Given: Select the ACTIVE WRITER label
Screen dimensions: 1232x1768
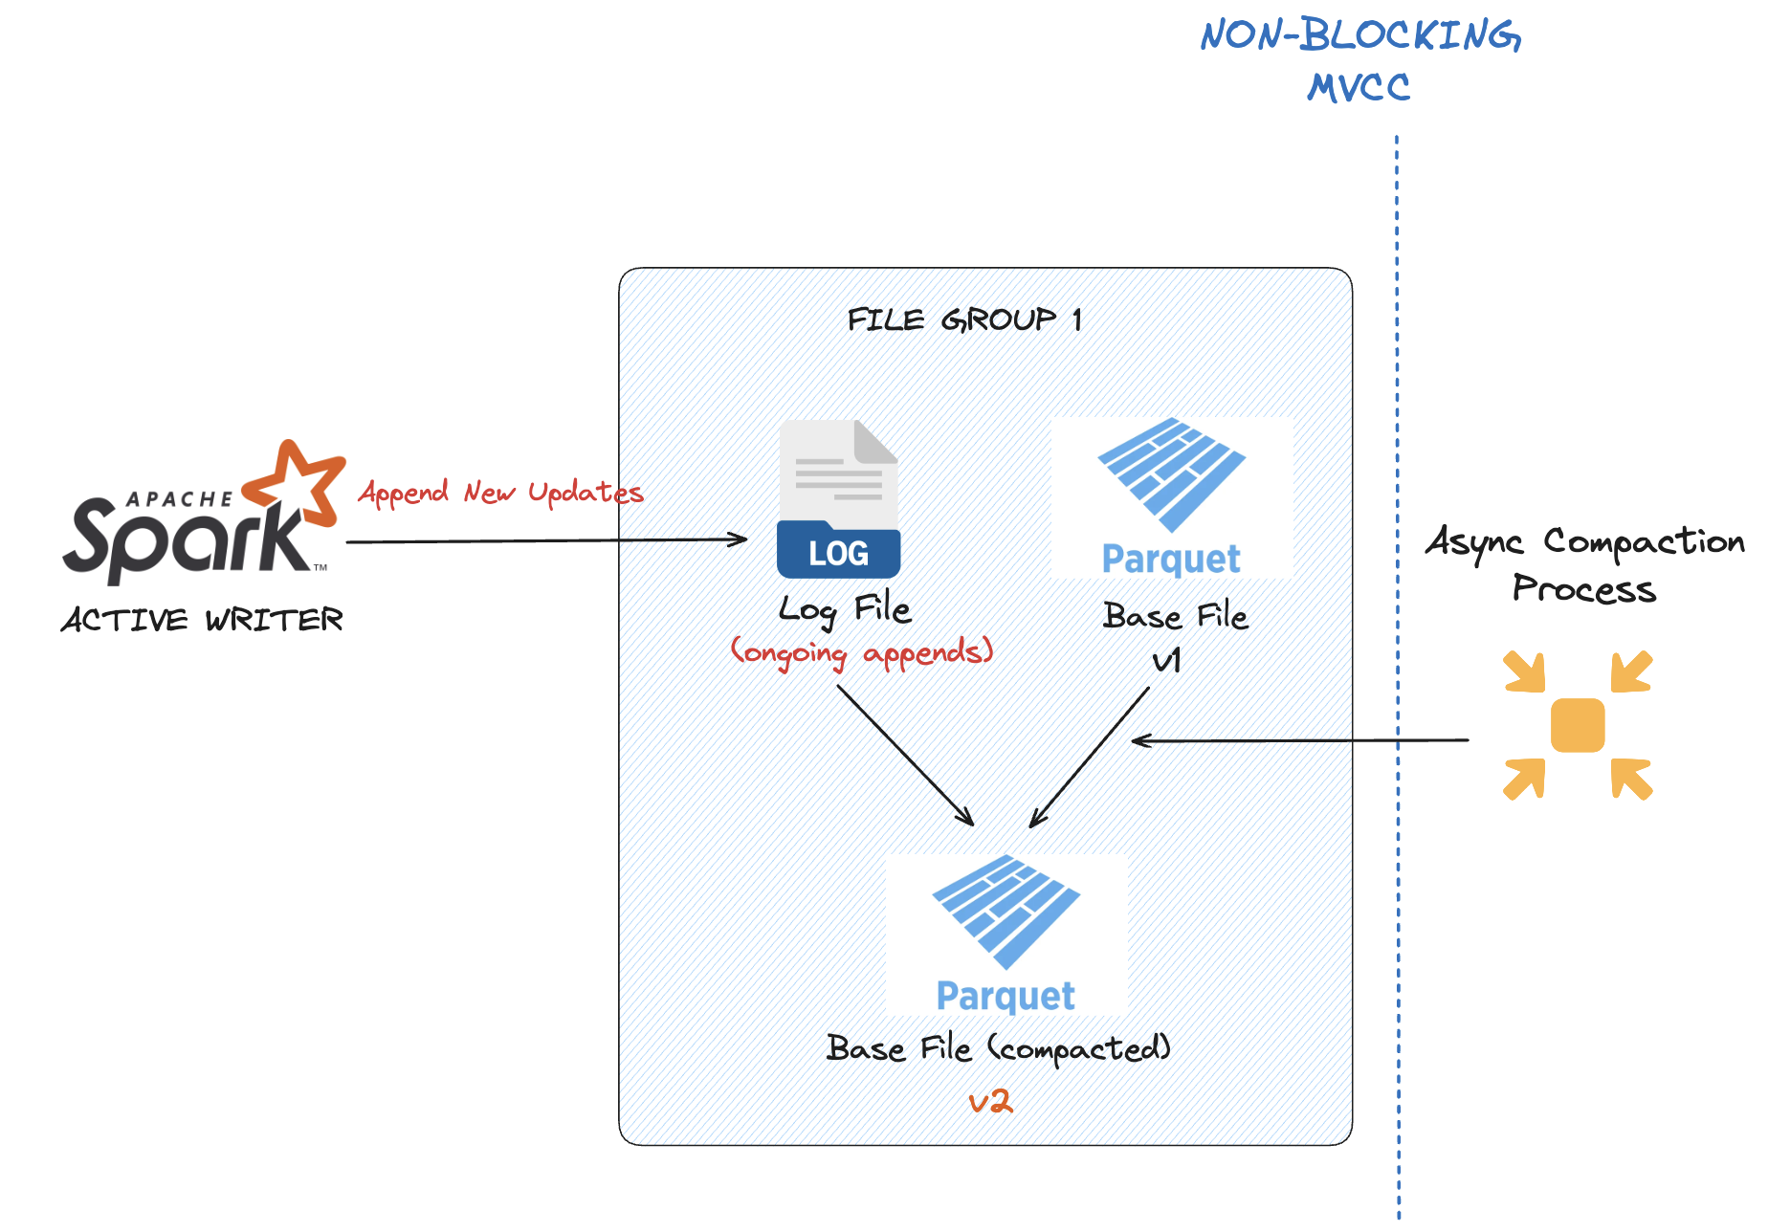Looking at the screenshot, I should [202, 620].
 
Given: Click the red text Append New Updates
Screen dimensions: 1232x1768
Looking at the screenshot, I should [500, 493].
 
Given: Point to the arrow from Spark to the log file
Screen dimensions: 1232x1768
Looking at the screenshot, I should [545, 540].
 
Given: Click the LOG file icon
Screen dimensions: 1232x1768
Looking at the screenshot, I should [838, 499].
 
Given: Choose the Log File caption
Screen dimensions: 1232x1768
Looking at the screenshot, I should [844, 609].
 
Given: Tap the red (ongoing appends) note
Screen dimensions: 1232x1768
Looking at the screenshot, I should [862, 652].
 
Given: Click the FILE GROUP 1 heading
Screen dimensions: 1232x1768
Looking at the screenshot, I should [964, 319].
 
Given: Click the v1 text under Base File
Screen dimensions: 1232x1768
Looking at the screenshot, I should [1167, 660].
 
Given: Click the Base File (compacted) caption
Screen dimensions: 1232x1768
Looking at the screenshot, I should [998, 1048].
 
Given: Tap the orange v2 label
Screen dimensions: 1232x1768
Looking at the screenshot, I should [990, 1102].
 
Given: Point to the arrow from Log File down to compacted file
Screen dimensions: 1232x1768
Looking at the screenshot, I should [905, 755].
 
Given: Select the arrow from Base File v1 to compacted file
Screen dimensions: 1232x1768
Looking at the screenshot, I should [1090, 757].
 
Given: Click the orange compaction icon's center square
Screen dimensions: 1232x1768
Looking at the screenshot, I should [1578, 725].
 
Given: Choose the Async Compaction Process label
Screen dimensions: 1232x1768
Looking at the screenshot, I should [1584, 564].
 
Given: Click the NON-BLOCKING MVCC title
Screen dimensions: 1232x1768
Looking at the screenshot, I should [1359, 60].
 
